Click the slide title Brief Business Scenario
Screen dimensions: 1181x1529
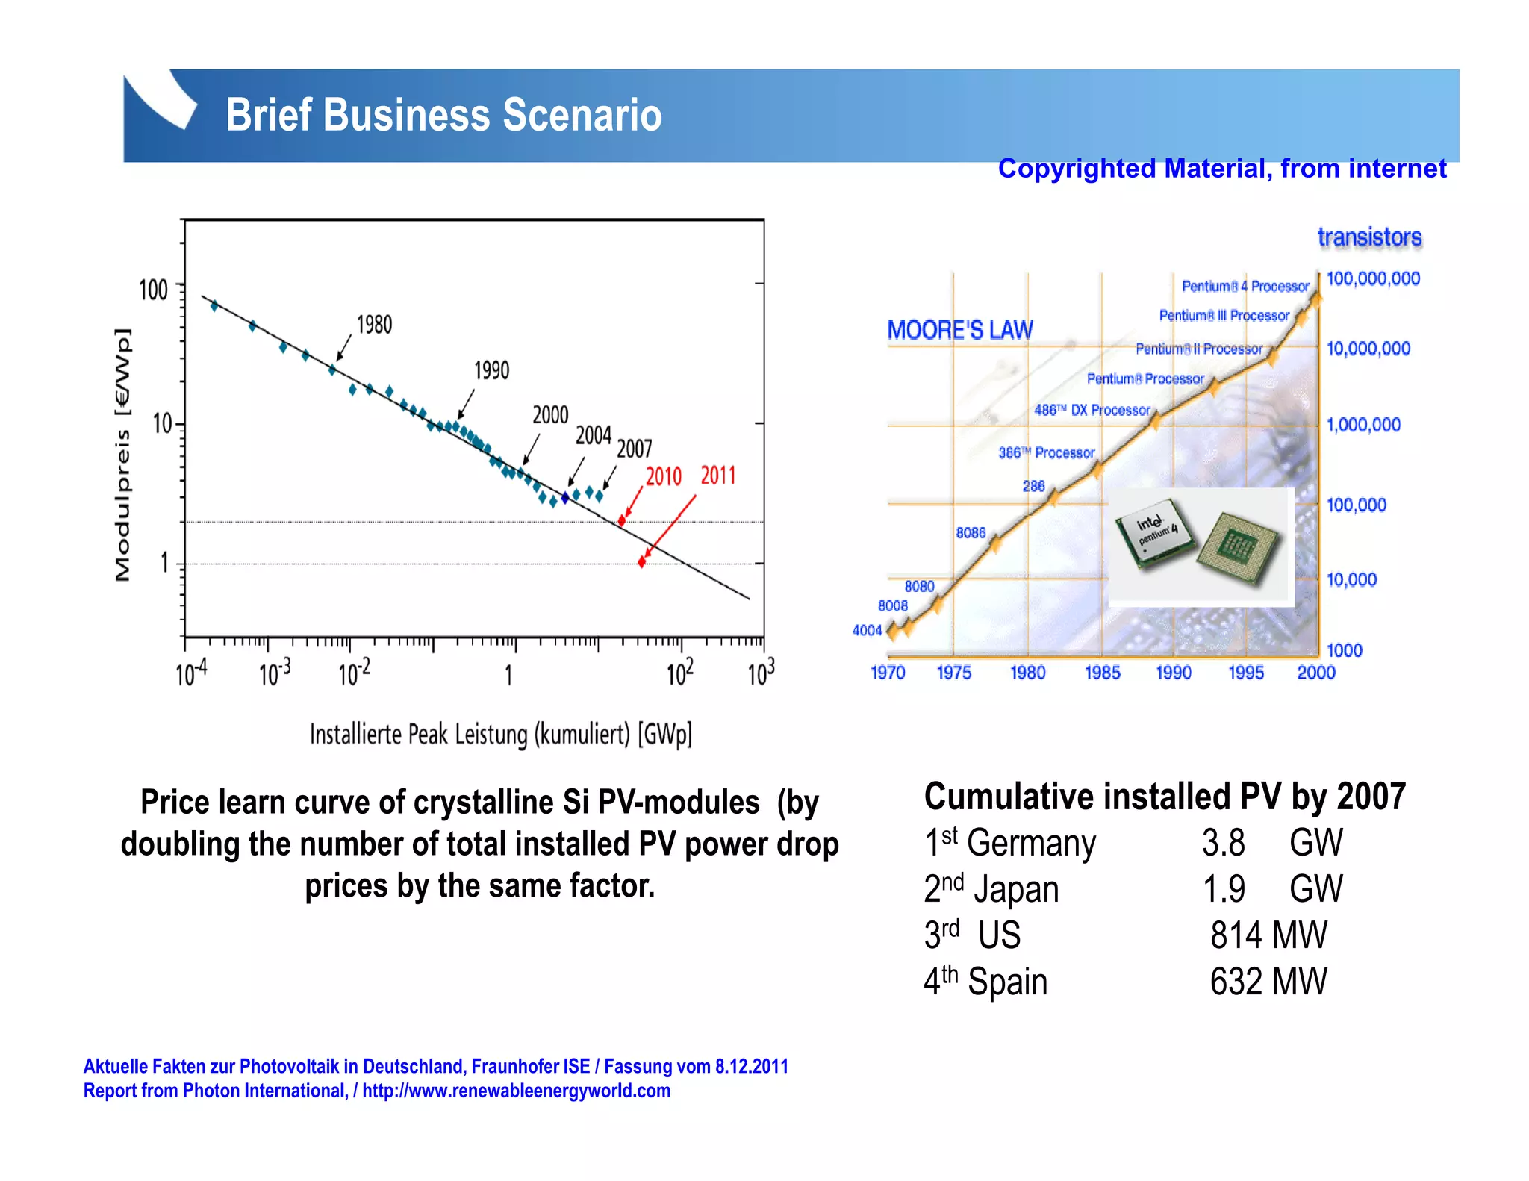[x=443, y=115]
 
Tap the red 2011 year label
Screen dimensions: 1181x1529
[x=717, y=476]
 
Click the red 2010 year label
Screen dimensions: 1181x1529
[x=663, y=476]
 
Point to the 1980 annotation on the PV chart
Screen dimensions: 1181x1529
[x=374, y=325]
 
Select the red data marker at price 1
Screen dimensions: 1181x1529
[x=641, y=561]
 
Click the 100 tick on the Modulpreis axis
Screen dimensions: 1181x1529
[x=153, y=290]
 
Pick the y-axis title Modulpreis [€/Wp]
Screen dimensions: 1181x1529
[x=123, y=455]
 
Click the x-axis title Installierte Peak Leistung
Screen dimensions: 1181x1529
[x=500, y=735]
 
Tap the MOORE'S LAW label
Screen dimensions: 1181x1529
[x=959, y=330]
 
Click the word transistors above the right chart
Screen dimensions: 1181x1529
[x=1369, y=237]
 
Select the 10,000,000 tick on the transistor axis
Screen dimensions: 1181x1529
[x=1368, y=349]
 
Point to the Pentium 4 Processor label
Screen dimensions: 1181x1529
[x=1245, y=287]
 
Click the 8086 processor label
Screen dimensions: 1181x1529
[x=971, y=533]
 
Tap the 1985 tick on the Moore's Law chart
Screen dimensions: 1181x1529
[x=1102, y=673]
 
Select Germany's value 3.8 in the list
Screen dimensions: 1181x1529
[x=1223, y=843]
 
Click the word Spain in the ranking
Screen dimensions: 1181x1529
[x=1007, y=982]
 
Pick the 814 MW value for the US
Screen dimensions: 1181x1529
[x=1268, y=935]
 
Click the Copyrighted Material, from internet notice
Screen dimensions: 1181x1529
[x=1221, y=169]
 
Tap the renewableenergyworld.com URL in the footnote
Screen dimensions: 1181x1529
[x=516, y=1091]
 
